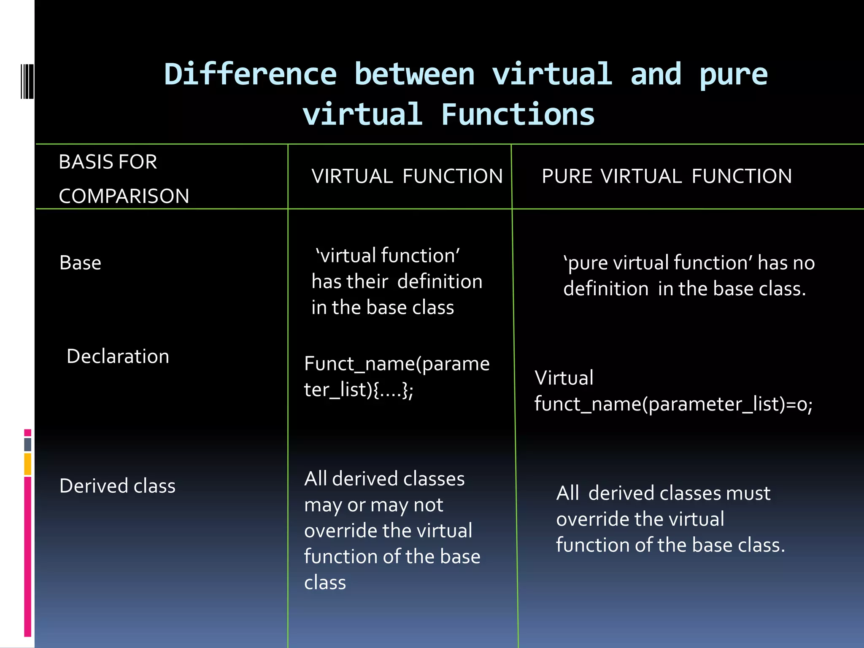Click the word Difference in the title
pyautogui.click(x=250, y=75)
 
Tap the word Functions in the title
pyautogui.click(x=518, y=115)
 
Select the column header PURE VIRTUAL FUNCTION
pyautogui.click(x=667, y=176)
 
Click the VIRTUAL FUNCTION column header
pyautogui.click(x=407, y=176)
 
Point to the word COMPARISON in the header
pyautogui.click(x=124, y=196)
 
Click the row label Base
pyautogui.click(x=80, y=263)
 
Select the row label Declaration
pyautogui.click(x=118, y=356)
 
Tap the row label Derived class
pyautogui.click(x=117, y=486)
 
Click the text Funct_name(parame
pyautogui.click(x=397, y=364)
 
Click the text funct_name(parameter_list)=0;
pyautogui.click(x=673, y=404)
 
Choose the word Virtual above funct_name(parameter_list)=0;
pyautogui.click(x=564, y=378)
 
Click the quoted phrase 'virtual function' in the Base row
pyautogui.click(x=388, y=256)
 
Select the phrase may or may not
pyautogui.click(x=373, y=505)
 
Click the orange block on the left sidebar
pyautogui.click(x=27, y=464)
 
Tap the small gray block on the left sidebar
pyautogui.click(x=27, y=444)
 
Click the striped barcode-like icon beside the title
pyautogui.click(x=27, y=81)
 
